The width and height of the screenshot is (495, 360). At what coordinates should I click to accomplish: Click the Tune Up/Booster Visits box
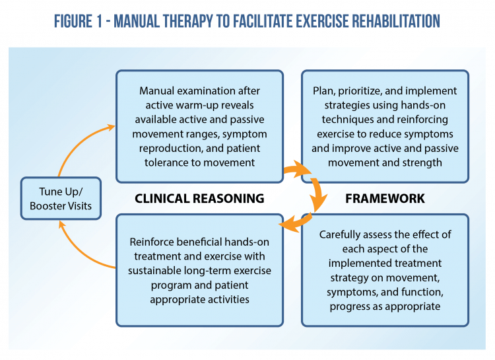[x=61, y=198]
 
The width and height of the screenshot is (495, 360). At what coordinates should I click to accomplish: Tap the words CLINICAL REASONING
[x=199, y=198]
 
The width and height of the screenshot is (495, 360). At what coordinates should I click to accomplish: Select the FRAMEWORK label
[x=385, y=198]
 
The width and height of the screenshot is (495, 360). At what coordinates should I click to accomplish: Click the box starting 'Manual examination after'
[x=199, y=126]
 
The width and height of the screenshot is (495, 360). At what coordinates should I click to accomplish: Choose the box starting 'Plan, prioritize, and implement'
[x=385, y=126]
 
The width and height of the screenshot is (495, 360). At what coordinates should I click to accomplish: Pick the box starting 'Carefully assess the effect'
[x=385, y=270]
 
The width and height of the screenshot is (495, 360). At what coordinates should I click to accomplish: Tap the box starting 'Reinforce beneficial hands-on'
[x=199, y=270]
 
